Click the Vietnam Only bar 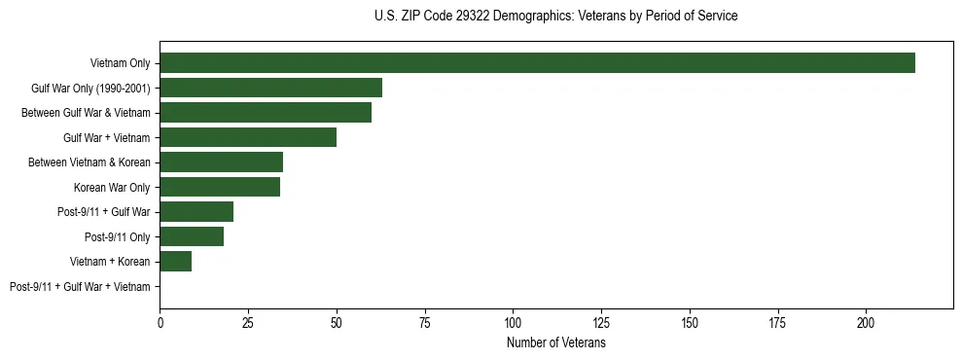coord(537,63)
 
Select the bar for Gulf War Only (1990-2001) coord(270,88)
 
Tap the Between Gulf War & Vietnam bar coord(266,113)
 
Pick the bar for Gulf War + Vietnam coord(248,137)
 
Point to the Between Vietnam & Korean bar coord(221,162)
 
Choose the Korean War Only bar coord(220,187)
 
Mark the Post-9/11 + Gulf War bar coord(196,212)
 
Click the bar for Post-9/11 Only coord(192,236)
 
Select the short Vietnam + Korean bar coord(175,262)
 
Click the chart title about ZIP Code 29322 coord(555,17)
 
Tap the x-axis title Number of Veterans coord(555,342)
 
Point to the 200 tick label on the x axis coord(867,321)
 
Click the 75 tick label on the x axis coord(425,321)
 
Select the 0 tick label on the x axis coord(160,321)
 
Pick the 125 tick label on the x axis coord(601,321)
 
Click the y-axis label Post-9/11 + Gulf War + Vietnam coord(80,287)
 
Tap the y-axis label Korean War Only coord(112,188)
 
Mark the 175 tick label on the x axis coord(778,321)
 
